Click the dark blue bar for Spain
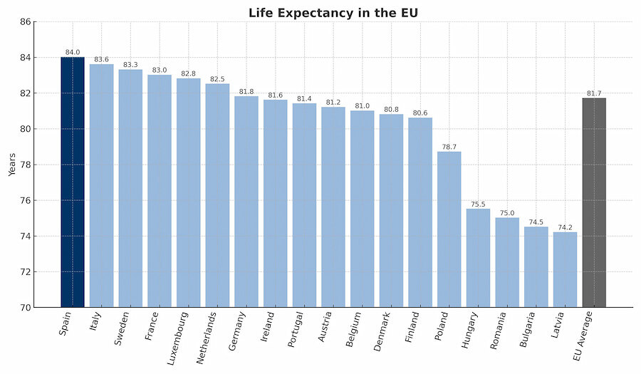(72, 182)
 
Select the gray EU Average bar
(594, 202)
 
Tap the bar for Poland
(449, 229)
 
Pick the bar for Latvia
(565, 269)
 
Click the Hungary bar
(478, 258)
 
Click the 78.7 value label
(449, 147)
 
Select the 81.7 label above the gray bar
(594, 93)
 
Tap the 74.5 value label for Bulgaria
(536, 222)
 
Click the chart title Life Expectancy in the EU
(333, 13)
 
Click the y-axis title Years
(12, 165)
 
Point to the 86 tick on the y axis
(26, 22)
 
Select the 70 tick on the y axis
(26, 308)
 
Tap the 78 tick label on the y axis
(26, 165)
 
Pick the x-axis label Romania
(499, 331)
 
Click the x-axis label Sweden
(123, 328)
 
